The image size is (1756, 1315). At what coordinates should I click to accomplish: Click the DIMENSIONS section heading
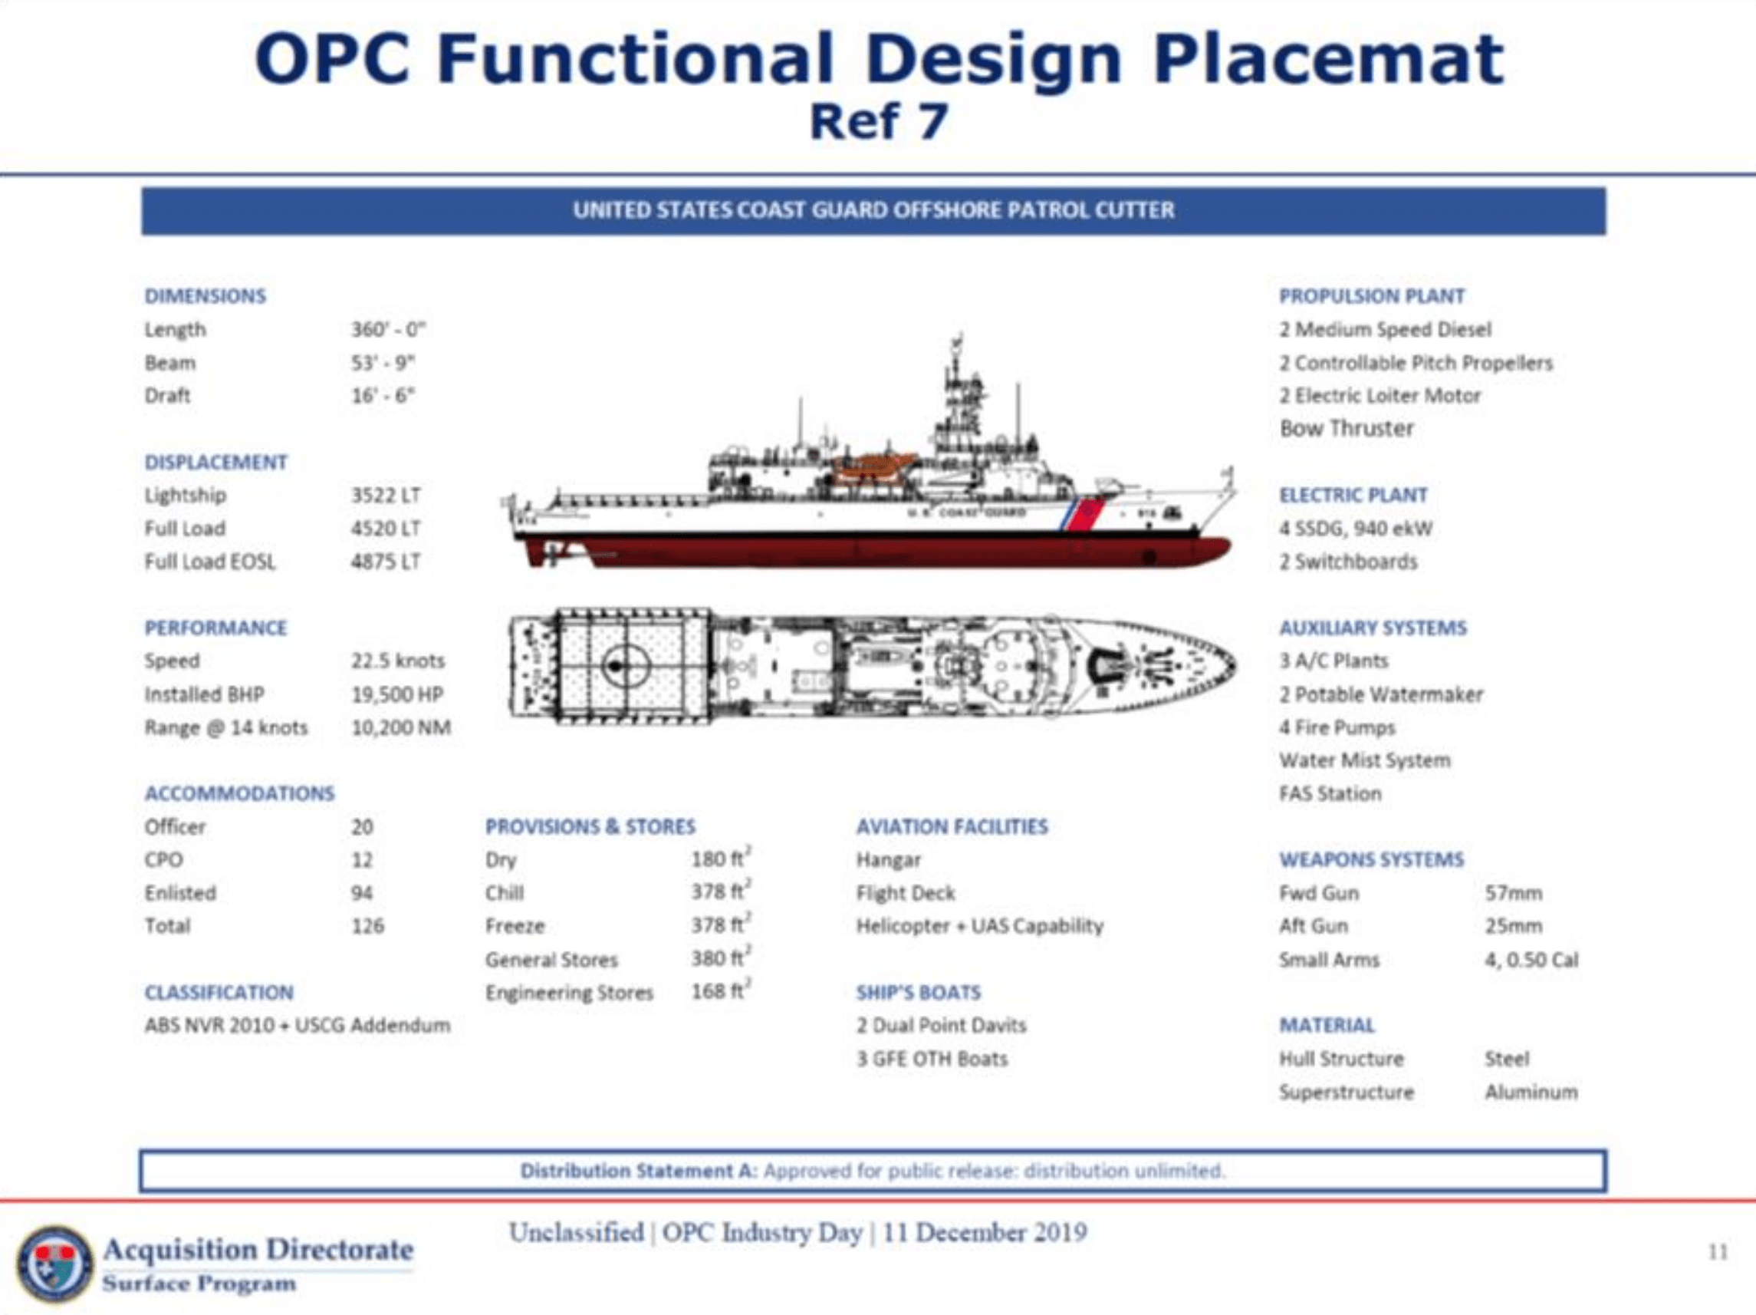205,296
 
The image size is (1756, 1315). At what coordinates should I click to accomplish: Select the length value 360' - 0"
388,330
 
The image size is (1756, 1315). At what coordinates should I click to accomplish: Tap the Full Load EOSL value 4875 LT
386,562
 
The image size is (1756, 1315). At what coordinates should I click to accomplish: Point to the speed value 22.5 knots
398,661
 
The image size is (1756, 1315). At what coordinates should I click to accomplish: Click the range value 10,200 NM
401,727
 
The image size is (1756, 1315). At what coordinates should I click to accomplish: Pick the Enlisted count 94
362,892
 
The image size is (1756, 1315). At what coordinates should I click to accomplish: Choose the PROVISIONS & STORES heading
590,826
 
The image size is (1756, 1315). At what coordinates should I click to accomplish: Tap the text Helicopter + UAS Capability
980,926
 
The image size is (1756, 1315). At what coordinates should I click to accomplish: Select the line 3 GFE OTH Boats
932,1059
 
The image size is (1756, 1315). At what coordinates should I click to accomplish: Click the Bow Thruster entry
1347,429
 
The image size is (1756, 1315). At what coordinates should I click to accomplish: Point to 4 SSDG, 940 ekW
1356,528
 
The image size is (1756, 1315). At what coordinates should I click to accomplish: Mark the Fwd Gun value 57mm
1513,892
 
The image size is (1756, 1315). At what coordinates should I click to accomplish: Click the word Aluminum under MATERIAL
1531,1092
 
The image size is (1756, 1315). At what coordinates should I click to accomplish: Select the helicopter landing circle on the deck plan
626,665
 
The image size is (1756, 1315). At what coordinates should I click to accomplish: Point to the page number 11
1717,1252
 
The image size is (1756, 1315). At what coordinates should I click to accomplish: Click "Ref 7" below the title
878,122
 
